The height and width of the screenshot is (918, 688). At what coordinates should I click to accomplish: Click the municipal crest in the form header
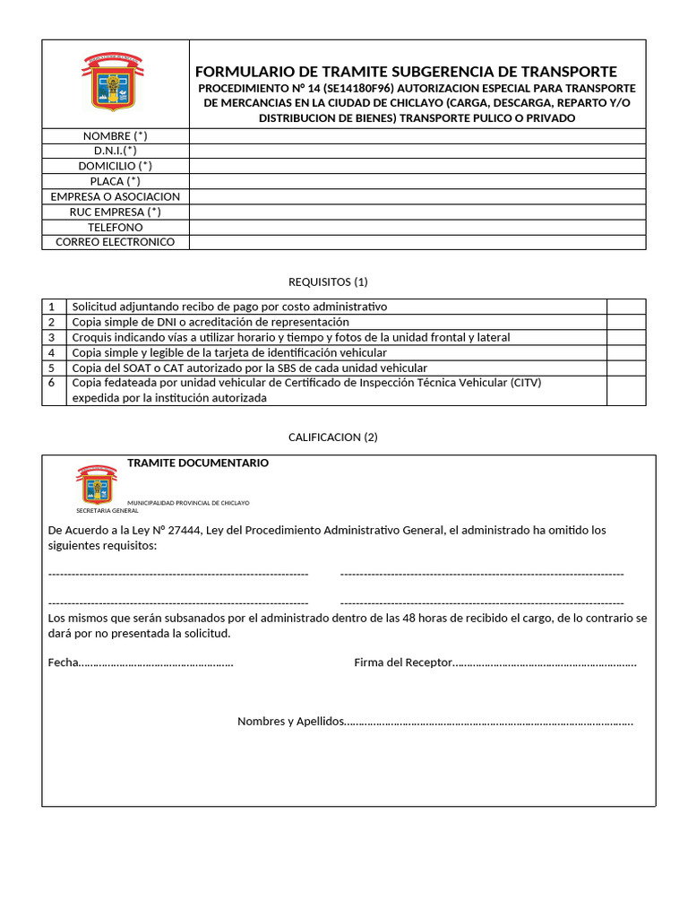114,82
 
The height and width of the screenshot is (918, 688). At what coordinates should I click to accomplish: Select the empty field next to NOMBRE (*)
417,135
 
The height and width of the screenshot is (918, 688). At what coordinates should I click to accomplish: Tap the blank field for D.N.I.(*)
417,151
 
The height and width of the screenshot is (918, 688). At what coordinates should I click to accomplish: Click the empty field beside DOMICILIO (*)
417,166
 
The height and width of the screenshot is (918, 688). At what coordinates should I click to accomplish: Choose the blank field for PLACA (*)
417,181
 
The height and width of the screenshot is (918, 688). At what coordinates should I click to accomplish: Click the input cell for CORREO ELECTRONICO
417,242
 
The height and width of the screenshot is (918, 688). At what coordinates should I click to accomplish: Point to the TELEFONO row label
115,227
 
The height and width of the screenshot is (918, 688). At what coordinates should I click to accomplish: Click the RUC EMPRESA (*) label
115,212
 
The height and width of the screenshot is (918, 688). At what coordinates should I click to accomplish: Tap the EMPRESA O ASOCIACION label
115,196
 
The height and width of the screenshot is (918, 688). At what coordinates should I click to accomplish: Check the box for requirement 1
625,307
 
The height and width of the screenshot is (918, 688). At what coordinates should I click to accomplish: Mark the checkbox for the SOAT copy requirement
625,368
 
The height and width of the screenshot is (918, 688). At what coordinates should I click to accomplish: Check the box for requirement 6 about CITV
625,390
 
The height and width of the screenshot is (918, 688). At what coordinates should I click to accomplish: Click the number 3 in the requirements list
52,337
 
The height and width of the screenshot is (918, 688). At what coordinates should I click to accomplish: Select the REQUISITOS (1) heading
328,281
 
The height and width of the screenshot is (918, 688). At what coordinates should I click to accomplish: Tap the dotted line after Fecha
156,663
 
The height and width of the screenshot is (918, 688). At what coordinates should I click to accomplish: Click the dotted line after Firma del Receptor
545,663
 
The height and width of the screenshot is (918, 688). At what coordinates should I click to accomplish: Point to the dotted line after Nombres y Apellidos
488,722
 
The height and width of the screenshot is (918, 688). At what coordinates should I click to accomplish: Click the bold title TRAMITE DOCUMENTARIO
197,463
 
